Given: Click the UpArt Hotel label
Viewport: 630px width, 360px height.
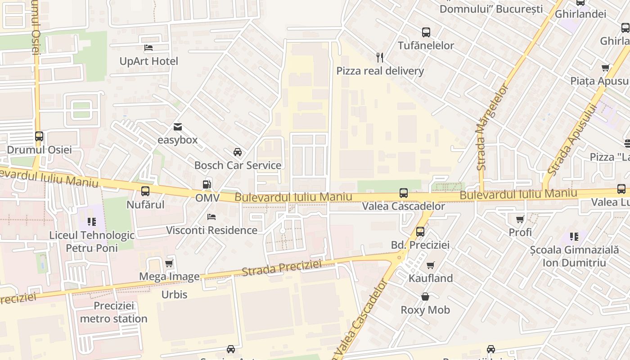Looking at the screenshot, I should [148, 61].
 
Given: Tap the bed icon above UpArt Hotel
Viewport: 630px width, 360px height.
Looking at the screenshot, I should [148, 48].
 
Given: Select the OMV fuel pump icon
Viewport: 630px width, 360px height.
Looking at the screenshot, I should [207, 184].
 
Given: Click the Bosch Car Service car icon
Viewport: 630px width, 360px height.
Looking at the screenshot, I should [238, 152].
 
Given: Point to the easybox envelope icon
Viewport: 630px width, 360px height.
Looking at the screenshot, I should [178, 127].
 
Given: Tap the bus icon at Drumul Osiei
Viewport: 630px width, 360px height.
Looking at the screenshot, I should [39, 136].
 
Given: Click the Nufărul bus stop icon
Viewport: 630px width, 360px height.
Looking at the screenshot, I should [145, 191].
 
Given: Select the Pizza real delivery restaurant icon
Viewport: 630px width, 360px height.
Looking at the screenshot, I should [380, 57].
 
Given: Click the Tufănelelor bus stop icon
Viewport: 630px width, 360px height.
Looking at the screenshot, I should [426, 32].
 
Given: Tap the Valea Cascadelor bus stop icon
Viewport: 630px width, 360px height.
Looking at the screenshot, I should [404, 193].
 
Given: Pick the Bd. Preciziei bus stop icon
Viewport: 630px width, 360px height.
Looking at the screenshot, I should [420, 232].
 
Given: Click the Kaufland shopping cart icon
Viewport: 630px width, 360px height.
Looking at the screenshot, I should [431, 265].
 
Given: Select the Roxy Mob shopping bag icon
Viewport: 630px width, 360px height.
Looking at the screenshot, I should [425, 297].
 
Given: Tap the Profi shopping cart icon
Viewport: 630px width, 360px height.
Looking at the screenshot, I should [520, 219].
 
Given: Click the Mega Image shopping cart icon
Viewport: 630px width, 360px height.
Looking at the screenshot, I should [169, 263].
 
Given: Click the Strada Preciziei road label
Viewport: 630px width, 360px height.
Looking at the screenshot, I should [282, 268].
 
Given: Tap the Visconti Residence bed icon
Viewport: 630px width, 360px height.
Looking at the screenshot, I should [211, 217].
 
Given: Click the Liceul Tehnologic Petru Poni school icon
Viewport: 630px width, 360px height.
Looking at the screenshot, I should [92, 221].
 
